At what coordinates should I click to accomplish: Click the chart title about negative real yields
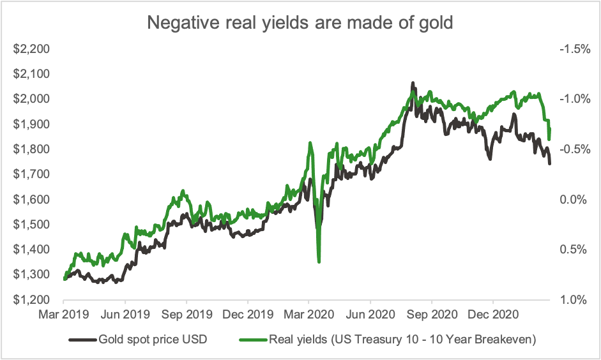300,22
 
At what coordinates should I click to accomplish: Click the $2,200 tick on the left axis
32,49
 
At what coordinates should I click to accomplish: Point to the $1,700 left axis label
32,174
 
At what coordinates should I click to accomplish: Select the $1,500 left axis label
32,224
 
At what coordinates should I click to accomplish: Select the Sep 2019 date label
186,315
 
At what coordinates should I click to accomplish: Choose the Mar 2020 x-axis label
309,315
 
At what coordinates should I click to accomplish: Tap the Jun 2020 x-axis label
370,315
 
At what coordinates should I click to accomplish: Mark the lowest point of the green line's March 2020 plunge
319,261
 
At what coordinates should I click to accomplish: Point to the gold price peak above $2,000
413,84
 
